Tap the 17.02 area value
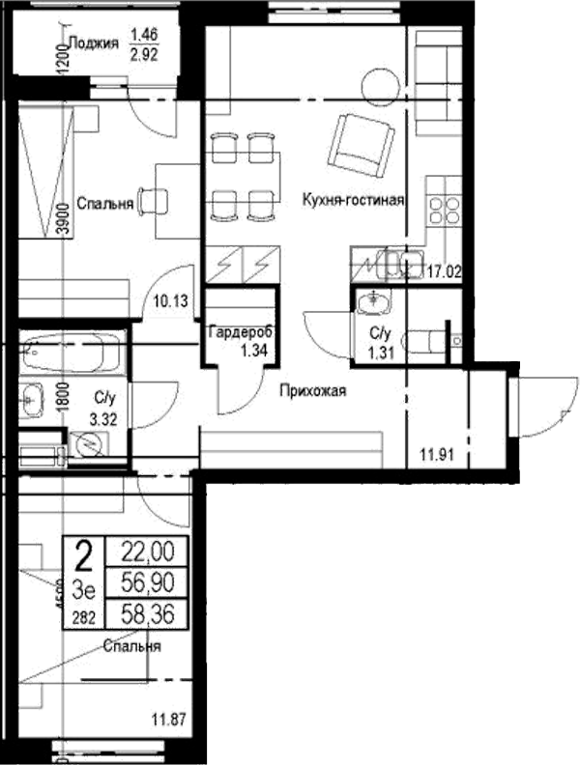pyautogui.click(x=443, y=272)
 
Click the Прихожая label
pyautogui.click(x=312, y=391)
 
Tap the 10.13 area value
pyautogui.click(x=170, y=300)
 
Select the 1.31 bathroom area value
pyautogui.click(x=379, y=352)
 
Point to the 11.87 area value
pyautogui.click(x=170, y=718)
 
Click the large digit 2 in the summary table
pyautogui.click(x=84, y=556)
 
